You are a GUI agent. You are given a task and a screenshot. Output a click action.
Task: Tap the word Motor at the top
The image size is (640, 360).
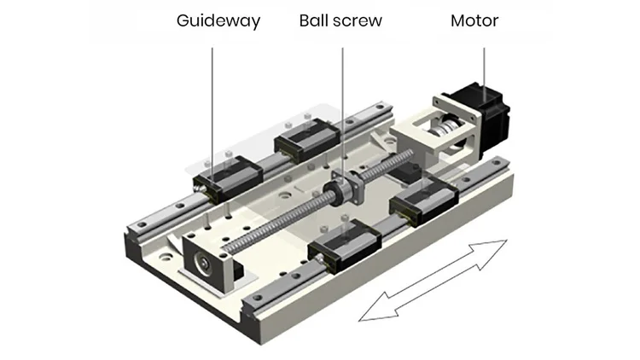point(474,20)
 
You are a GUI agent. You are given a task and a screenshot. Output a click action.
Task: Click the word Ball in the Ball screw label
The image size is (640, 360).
point(314,20)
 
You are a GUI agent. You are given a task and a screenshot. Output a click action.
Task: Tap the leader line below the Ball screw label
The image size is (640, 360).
point(342,102)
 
